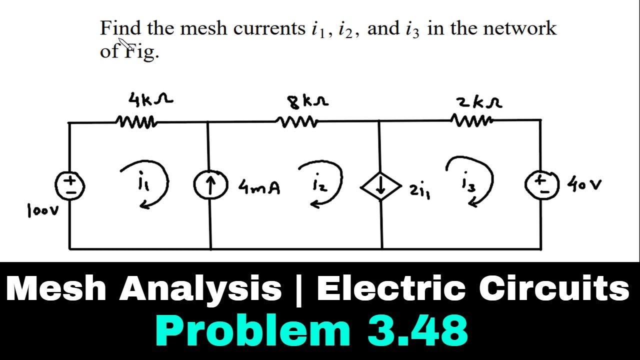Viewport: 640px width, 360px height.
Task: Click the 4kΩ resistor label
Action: pyautogui.click(x=150, y=99)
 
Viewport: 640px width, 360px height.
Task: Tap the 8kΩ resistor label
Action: pyautogui.click(x=307, y=102)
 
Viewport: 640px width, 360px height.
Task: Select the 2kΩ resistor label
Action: pyautogui.click(x=479, y=103)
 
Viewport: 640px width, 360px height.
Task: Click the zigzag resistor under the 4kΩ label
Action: pyautogui.click(x=135, y=120)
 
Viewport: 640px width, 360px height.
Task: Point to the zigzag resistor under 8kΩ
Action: pyautogui.click(x=296, y=121)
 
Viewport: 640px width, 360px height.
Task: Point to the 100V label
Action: pyautogui.click(x=43, y=210)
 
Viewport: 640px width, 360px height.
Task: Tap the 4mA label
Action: pyautogui.click(x=259, y=187)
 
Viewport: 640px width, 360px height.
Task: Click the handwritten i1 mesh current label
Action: pyautogui.click(x=141, y=179)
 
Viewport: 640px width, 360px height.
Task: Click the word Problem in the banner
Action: pyautogui.click(x=253, y=331)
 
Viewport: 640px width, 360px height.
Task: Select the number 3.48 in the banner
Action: pyautogui.click(x=417, y=330)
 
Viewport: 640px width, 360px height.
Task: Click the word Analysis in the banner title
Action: pyautogui.click(x=200, y=288)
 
